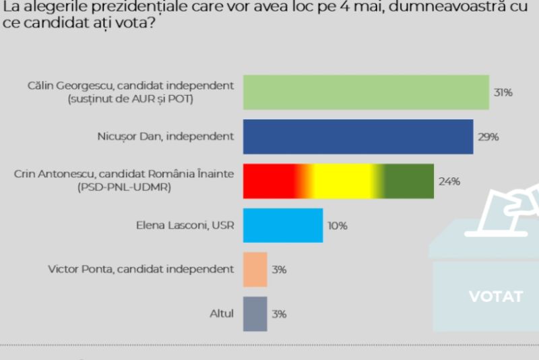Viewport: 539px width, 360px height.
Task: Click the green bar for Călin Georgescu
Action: tap(365, 92)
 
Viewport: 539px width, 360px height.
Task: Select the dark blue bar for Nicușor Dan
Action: tap(357, 136)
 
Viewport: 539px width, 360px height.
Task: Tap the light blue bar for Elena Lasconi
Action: tap(282, 225)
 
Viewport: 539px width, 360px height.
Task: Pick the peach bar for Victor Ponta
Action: tap(255, 269)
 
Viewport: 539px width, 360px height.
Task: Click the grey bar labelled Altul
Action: tap(255, 313)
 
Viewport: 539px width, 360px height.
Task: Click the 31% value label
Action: tap(503, 92)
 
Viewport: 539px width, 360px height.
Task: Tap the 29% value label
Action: tap(488, 137)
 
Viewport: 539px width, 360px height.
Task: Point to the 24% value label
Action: tap(449, 181)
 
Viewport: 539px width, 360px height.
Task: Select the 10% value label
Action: tap(338, 226)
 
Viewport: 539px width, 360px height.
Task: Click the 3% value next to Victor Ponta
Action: tap(280, 270)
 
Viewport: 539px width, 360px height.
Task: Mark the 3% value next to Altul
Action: tap(280, 314)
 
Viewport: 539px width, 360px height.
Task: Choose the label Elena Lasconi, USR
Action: tap(185, 225)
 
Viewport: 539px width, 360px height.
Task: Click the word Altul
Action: tap(222, 313)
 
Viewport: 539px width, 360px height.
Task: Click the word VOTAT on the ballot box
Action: tap(495, 296)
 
